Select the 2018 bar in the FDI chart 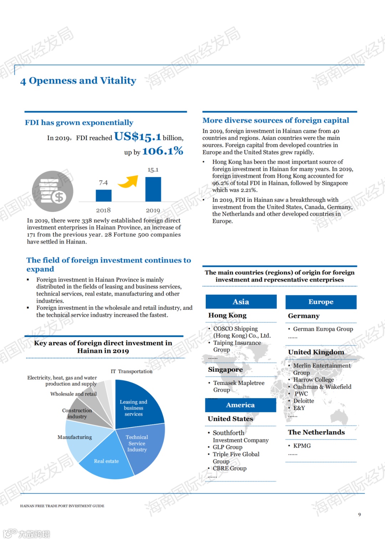click(x=103, y=195)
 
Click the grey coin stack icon click(x=53, y=191)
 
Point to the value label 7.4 click(x=103, y=182)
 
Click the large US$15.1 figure click(x=138, y=136)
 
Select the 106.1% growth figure click(x=163, y=151)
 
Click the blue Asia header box click(x=241, y=302)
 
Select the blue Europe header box click(x=321, y=302)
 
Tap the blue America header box click(x=240, y=405)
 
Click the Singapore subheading click(x=225, y=370)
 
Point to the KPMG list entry click(x=302, y=445)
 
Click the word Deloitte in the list click(x=304, y=401)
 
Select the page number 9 click(x=359, y=514)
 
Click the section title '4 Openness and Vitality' click(x=78, y=81)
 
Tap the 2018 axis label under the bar click(x=103, y=210)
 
